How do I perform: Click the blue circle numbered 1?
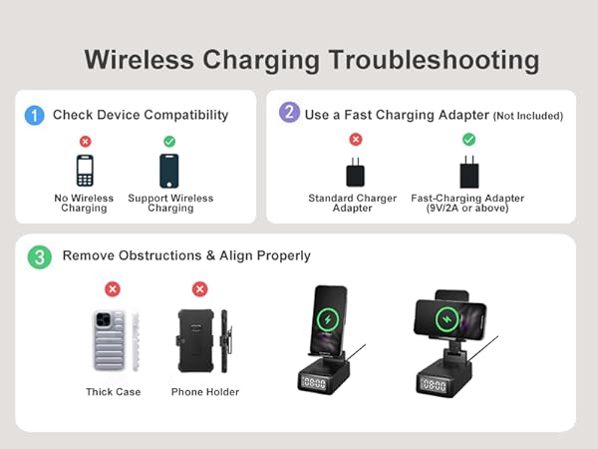(36, 116)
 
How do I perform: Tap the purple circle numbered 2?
(290, 113)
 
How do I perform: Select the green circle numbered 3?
(38, 257)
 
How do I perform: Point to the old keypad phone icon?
(85, 172)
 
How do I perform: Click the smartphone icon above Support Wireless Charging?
(170, 172)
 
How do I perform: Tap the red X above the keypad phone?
(85, 142)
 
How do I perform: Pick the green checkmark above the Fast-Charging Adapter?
(468, 140)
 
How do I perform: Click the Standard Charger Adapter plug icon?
(356, 174)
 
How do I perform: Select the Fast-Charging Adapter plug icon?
(468, 174)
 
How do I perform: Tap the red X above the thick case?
(113, 289)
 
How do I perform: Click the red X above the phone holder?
(199, 289)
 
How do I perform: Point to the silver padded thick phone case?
(109, 339)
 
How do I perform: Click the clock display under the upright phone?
(315, 383)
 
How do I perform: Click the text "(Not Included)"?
(528, 116)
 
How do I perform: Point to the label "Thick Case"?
(113, 392)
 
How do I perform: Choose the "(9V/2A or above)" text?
(467, 209)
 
